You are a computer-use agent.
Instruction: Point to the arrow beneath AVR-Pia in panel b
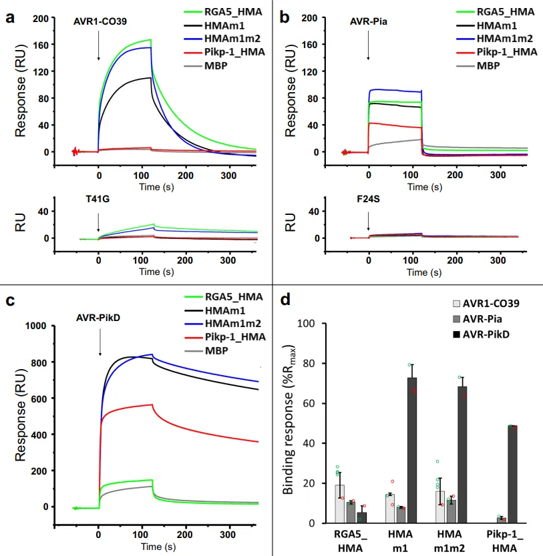click(x=369, y=45)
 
